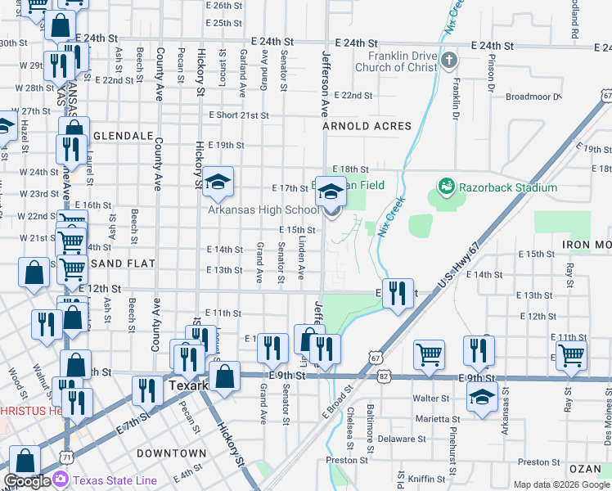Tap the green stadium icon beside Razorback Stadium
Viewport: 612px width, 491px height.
(446, 187)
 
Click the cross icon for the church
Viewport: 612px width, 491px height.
(449, 60)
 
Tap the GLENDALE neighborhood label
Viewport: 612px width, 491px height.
(123, 135)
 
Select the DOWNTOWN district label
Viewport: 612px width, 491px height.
(171, 453)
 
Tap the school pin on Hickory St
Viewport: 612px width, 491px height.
(218, 183)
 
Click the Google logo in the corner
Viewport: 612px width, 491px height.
(28, 481)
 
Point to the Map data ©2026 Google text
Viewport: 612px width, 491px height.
(560, 484)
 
